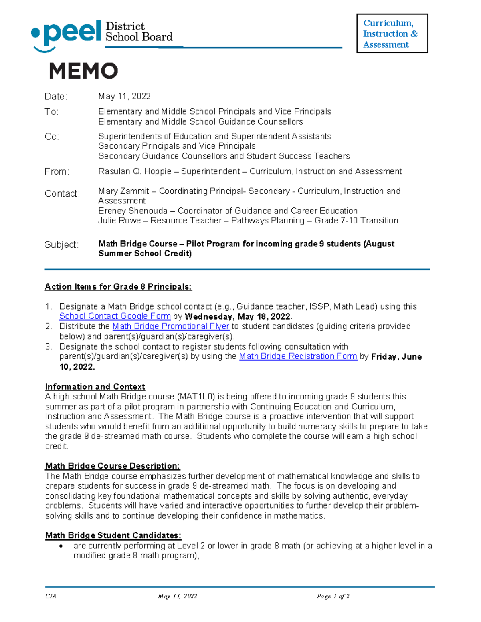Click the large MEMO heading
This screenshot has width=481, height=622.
pyautogui.click(x=83, y=71)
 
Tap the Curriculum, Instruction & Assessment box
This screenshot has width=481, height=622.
pyautogui.click(x=392, y=34)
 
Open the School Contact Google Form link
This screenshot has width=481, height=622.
pyautogui.click(x=115, y=316)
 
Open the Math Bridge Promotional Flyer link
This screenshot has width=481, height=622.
pyautogui.click(x=171, y=326)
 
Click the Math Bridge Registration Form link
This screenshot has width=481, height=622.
pyautogui.click(x=298, y=356)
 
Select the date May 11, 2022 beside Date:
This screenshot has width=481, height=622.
pyautogui.click(x=124, y=96)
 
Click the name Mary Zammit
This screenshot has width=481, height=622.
pyautogui.click(x=123, y=191)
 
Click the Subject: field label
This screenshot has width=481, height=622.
pyautogui.click(x=61, y=245)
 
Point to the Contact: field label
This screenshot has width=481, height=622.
pyautogui.click(x=62, y=194)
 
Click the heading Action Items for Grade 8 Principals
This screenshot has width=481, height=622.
pyautogui.click(x=118, y=287)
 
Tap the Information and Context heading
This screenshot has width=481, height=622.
pyautogui.click(x=95, y=387)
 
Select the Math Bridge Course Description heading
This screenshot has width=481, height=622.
pyautogui.click(x=112, y=466)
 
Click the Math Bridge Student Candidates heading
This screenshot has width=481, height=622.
pyautogui.click(x=113, y=536)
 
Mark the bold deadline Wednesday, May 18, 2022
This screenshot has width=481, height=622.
pyautogui.click(x=237, y=317)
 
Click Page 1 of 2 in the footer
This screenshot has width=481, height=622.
pyautogui.click(x=333, y=596)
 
